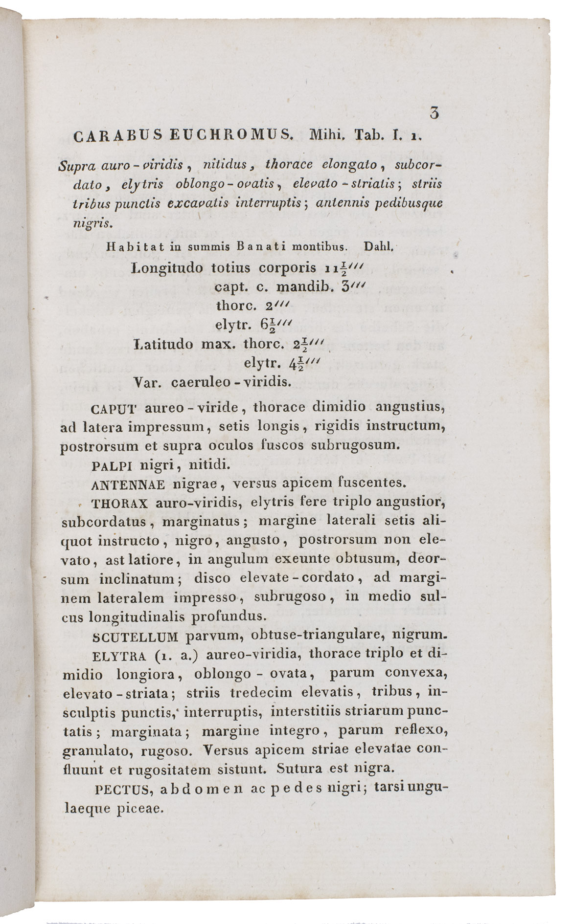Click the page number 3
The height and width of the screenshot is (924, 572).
[433, 113]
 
